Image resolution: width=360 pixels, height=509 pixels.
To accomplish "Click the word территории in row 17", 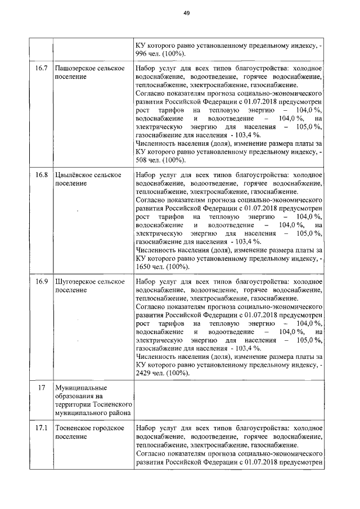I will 74,405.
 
